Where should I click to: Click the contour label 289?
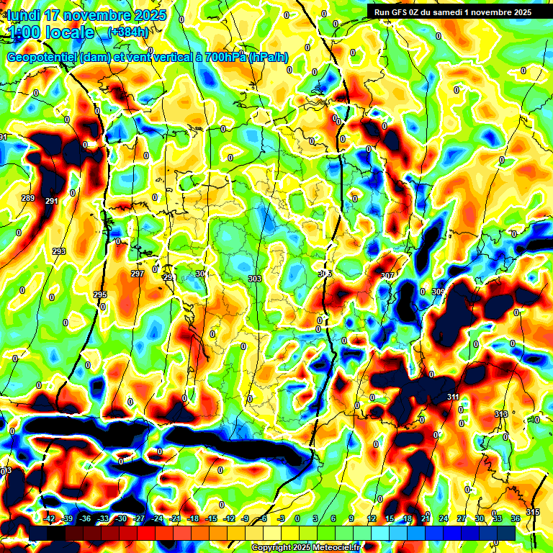28,198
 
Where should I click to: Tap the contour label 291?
51,201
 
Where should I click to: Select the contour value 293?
58,251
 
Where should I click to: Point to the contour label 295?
100,295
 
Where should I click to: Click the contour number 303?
254,279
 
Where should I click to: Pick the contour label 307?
387,276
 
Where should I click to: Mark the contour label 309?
439,292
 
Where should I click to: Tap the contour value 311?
453,397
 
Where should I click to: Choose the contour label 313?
501,413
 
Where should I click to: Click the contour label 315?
532,511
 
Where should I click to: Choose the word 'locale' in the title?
68,32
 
